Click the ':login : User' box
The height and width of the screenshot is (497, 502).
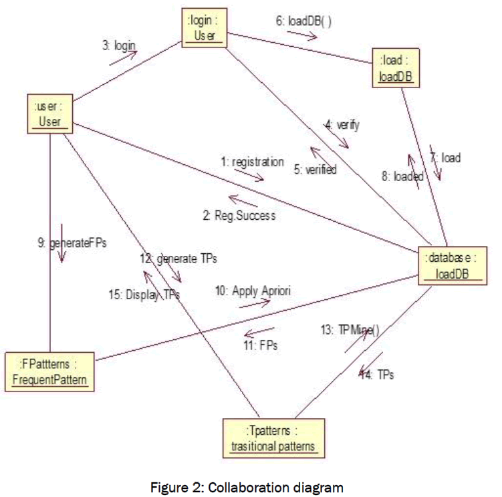coord(205,28)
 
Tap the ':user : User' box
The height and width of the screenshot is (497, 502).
coord(50,113)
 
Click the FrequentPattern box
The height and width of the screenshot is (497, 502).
coord(49,373)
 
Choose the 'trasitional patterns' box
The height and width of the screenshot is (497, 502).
coord(273,438)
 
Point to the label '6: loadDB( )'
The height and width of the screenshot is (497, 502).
coord(304,21)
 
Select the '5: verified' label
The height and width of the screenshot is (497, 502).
coord(316,170)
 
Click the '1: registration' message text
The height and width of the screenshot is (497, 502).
coord(252,162)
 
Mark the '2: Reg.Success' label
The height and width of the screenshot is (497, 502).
coord(240,215)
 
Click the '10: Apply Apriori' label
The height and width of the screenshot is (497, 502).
coord(252,291)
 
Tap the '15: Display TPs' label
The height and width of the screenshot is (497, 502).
coord(144,294)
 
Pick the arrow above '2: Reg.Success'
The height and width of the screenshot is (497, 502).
coord(243,200)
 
